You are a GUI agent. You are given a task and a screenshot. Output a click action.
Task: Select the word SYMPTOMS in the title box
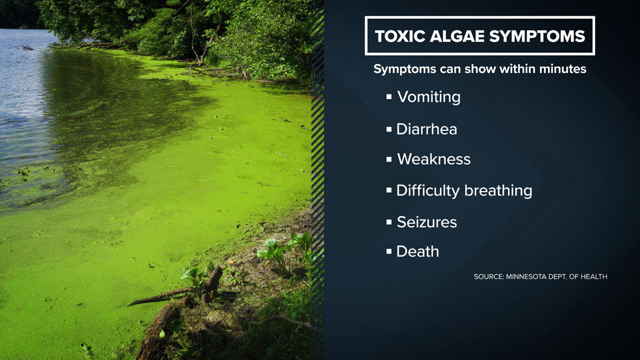(537, 37)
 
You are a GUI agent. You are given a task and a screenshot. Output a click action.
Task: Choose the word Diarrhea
(427, 129)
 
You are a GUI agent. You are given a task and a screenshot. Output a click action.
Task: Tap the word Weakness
(433, 159)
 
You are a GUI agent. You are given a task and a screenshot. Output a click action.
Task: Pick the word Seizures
(427, 222)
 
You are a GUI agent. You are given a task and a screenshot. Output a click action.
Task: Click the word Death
(418, 252)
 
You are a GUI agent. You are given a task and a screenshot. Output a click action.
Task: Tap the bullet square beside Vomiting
(389, 97)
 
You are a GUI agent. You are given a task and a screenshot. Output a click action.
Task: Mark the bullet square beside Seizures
(389, 222)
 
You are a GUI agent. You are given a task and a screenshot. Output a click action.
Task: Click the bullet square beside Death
(389, 252)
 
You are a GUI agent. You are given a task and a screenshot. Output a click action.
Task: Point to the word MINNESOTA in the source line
(525, 277)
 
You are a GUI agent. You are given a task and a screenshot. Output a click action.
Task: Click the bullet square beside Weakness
(389, 159)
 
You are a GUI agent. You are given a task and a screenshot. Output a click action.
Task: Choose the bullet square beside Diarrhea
(389, 129)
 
